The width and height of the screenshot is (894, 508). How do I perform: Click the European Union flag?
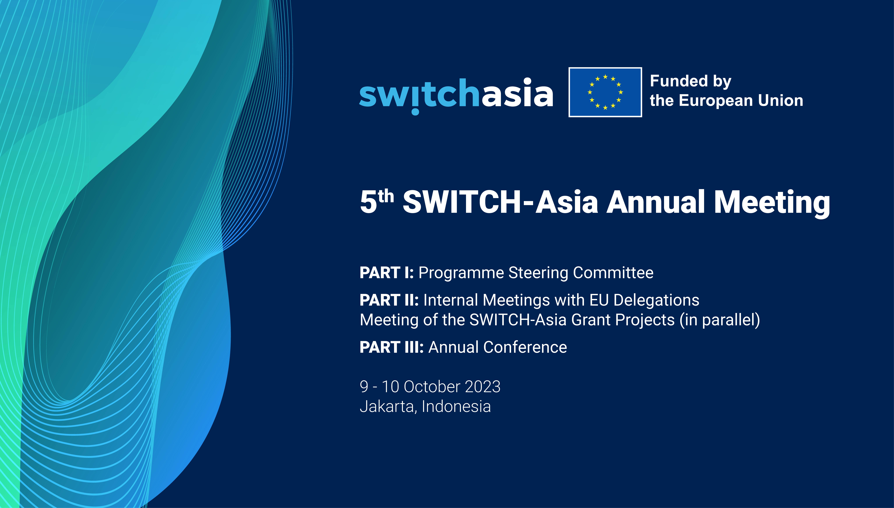pyautogui.click(x=605, y=92)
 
